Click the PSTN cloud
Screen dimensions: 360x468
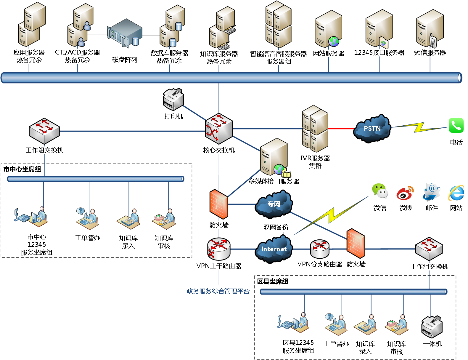[372, 129]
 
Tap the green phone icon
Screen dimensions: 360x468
[456, 125]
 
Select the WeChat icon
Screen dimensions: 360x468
[379, 191]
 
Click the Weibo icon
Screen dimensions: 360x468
[405, 193]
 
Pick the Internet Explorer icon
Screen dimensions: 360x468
[456, 193]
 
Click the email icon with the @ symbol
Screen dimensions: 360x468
[431, 192]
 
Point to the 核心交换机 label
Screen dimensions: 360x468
[219, 150]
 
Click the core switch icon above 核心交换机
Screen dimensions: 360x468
[219, 129]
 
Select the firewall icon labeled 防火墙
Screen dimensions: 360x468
[219, 204]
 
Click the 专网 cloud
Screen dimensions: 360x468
[274, 204]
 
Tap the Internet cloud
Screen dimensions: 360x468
[274, 249]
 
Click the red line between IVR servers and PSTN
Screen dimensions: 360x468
[341, 129]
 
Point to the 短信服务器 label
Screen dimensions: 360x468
[430, 53]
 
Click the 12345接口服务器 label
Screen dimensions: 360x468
[379, 53]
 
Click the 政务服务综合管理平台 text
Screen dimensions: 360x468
[218, 291]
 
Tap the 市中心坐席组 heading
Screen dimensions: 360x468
[22, 169]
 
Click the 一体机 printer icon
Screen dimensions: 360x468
[432, 327]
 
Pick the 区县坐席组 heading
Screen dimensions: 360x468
[273, 281]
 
